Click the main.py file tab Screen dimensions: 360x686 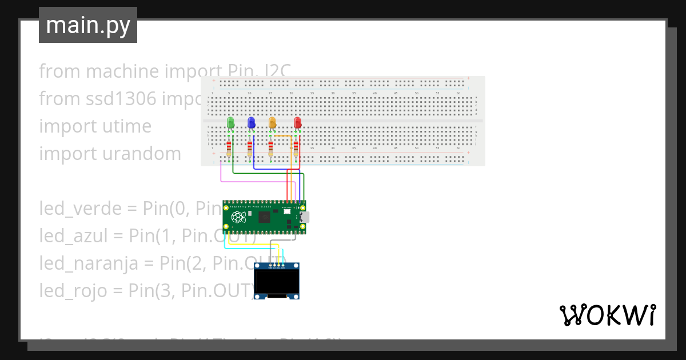pyautogui.click(x=88, y=25)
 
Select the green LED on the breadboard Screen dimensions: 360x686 pyautogui.click(x=230, y=123)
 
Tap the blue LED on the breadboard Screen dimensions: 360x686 pyautogui.click(x=251, y=123)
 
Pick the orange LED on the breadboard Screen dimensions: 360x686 pyautogui.click(x=272, y=123)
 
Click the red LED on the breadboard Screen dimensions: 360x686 pyautogui.click(x=297, y=123)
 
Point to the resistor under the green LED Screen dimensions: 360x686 pyautogui.click(x=229, y=149)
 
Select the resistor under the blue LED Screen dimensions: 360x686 pyautogui.click(x=250, y=149)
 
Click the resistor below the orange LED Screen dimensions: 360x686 pyautogui.click(x=270, y=149)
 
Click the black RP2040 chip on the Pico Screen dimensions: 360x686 pyautogui.click(x=265, y=217)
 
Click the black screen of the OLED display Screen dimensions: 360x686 pyautogui.click(x=277, y=282)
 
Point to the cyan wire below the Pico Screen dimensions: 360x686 pyautogui.click(x=246, y=249)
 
